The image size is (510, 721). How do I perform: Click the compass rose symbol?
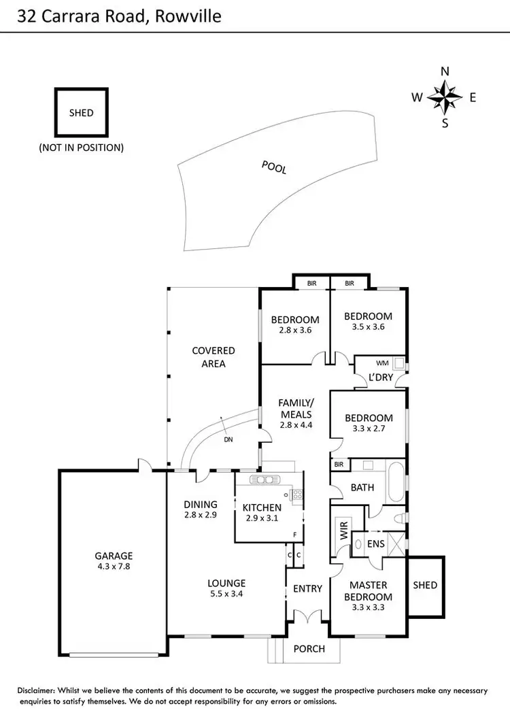click(x=445, y=97)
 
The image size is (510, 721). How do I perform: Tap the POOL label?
click(x=274, y=167)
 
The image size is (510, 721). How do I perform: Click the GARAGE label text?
click(x=114, y=555)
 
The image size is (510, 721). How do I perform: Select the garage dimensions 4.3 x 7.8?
click(x=114, y=565)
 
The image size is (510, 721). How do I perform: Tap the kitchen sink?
click(x=262, y=480)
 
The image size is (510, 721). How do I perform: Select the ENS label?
click(x=375, y=544)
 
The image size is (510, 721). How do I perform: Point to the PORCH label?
click(x=309, y=648)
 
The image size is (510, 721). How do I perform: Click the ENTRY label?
click(x=307, y=588)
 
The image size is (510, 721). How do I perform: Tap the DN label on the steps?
click(x=228, y=439)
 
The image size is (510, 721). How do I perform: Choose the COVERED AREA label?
click(x=214, y=357)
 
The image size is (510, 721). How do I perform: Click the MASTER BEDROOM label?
click(x=368, y=590)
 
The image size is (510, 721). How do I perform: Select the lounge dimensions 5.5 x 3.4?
click(x=226, y=594)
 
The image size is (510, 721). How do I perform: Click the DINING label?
click(x=201, y=505)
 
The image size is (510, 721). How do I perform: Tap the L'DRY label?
click(x=381, y=378)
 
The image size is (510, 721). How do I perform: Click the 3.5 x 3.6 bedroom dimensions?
click(x=368, y=326)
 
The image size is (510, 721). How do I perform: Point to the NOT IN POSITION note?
click(x=82, y=147)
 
